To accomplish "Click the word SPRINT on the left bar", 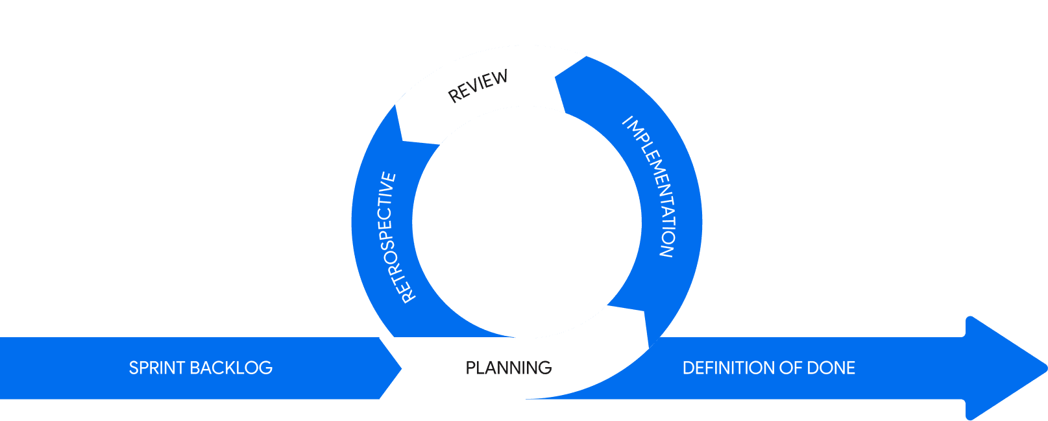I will coord(157,368).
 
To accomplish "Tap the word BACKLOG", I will coord(232,368).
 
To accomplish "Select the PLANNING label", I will coord(509,368).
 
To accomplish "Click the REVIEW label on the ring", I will coord(478,86).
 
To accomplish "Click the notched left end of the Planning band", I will coord(400,368).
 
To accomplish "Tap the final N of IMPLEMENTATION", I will coord(666,251).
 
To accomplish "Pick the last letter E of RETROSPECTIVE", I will coord(389,177).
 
